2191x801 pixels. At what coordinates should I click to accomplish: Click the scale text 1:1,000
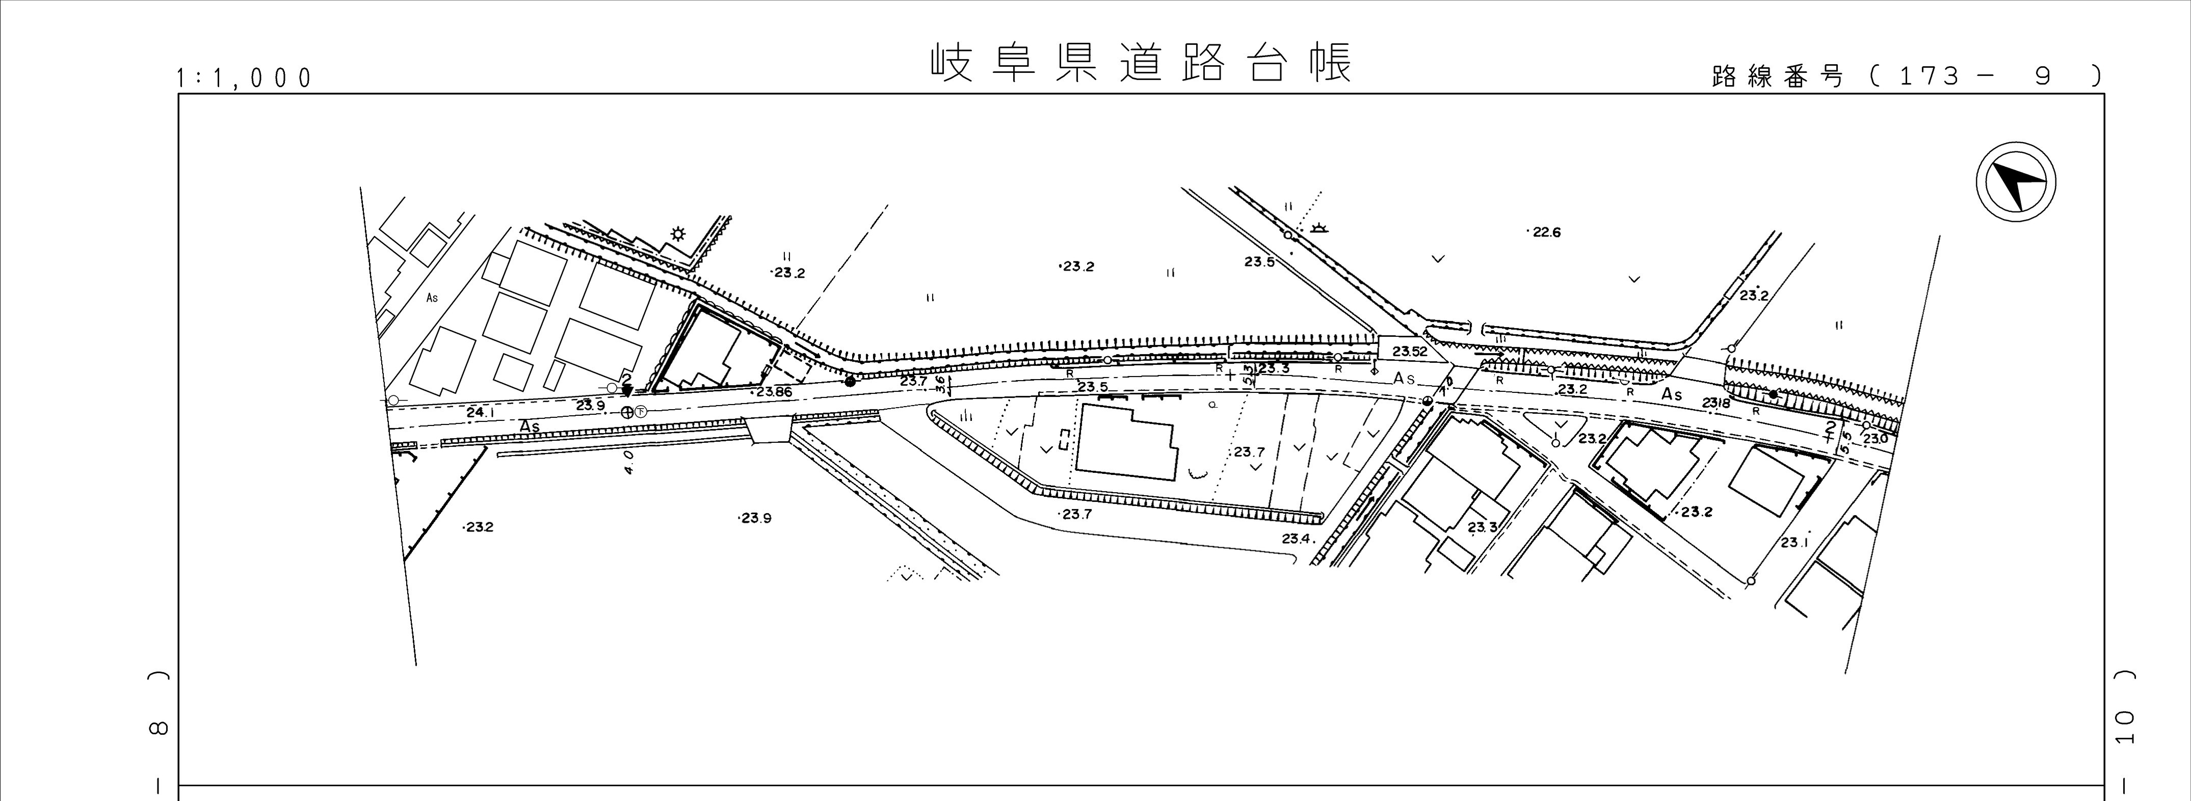244,78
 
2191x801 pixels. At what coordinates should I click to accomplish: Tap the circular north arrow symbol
2015,183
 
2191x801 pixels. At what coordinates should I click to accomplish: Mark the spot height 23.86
773,392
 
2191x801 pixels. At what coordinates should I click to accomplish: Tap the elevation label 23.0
1876,439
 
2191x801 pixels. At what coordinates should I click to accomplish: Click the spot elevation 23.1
1794,543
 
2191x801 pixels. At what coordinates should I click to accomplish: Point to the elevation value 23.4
1299,538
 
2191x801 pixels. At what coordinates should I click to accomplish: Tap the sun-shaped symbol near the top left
678,234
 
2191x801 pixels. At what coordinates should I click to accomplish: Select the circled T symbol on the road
641,412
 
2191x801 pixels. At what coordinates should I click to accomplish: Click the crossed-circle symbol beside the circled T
627,412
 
